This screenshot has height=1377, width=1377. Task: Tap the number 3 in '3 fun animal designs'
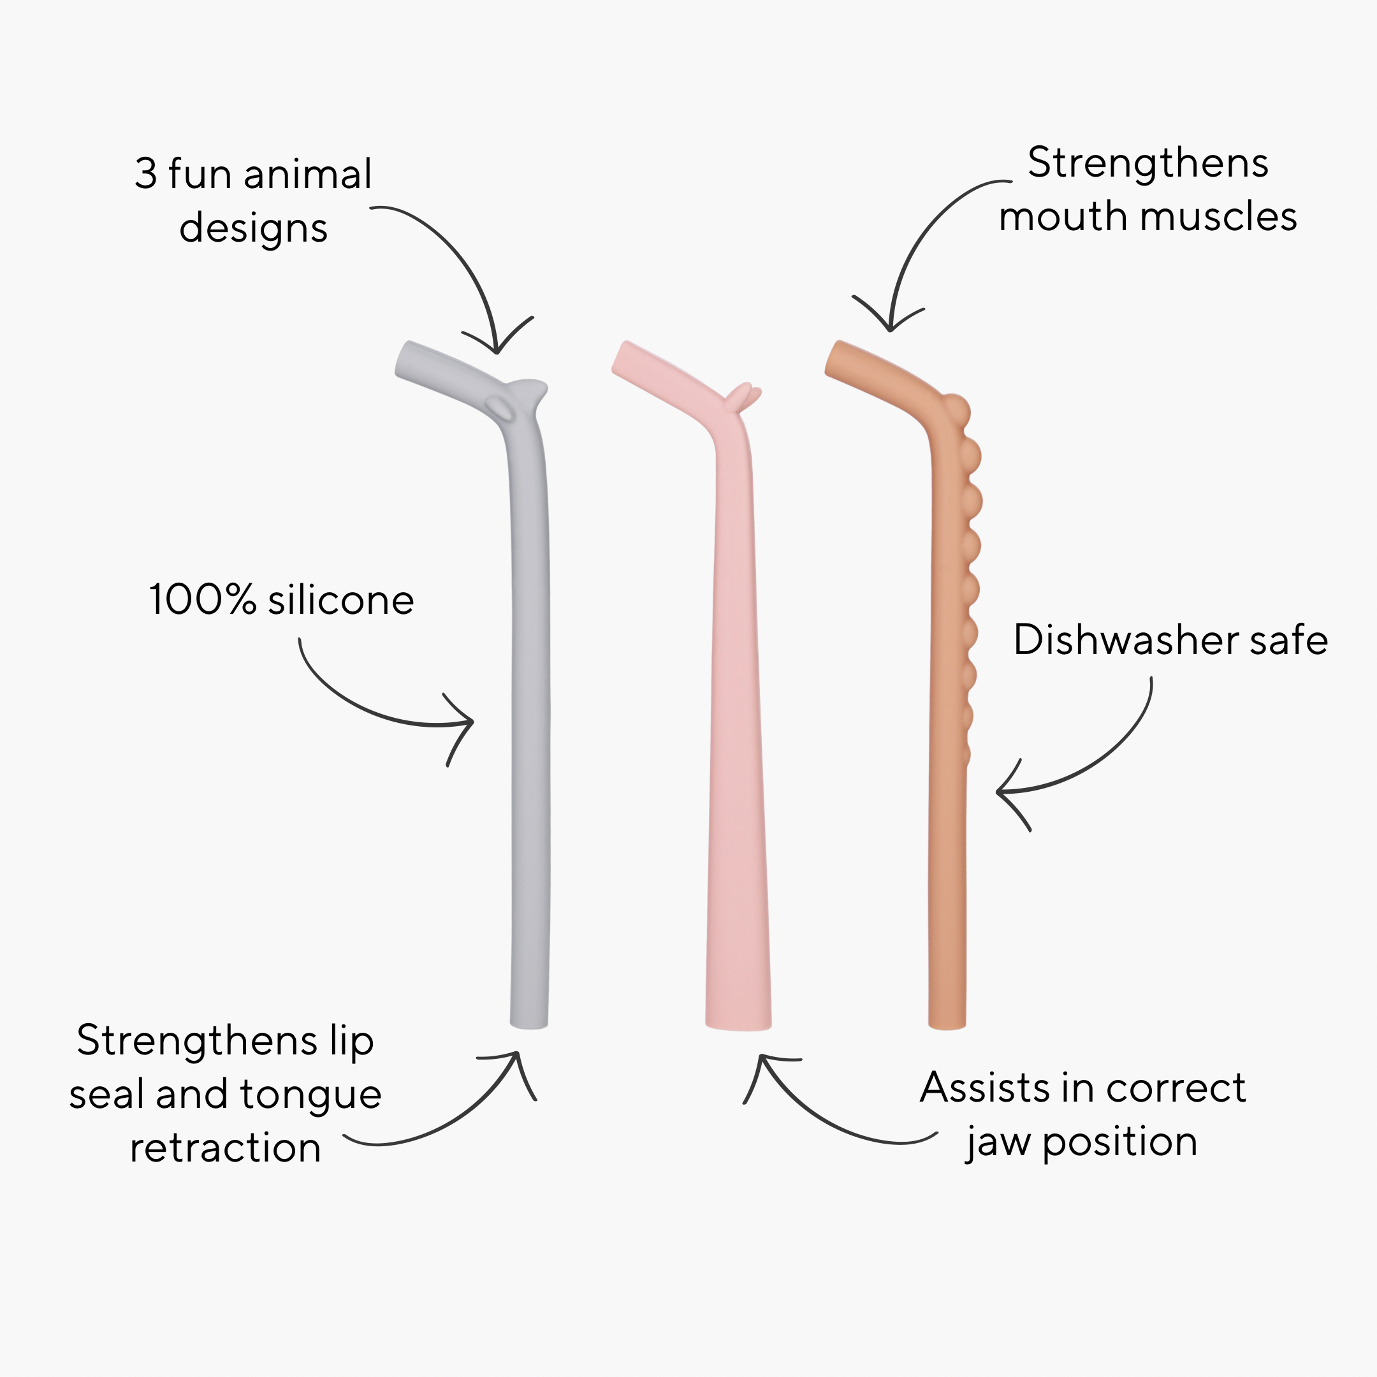point(145,174)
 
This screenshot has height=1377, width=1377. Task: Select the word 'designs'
point(253,229)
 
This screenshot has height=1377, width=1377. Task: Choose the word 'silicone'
point(340,600)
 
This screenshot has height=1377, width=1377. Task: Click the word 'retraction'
point(225,1148)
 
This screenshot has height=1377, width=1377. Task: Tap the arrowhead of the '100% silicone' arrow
point(471,722)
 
